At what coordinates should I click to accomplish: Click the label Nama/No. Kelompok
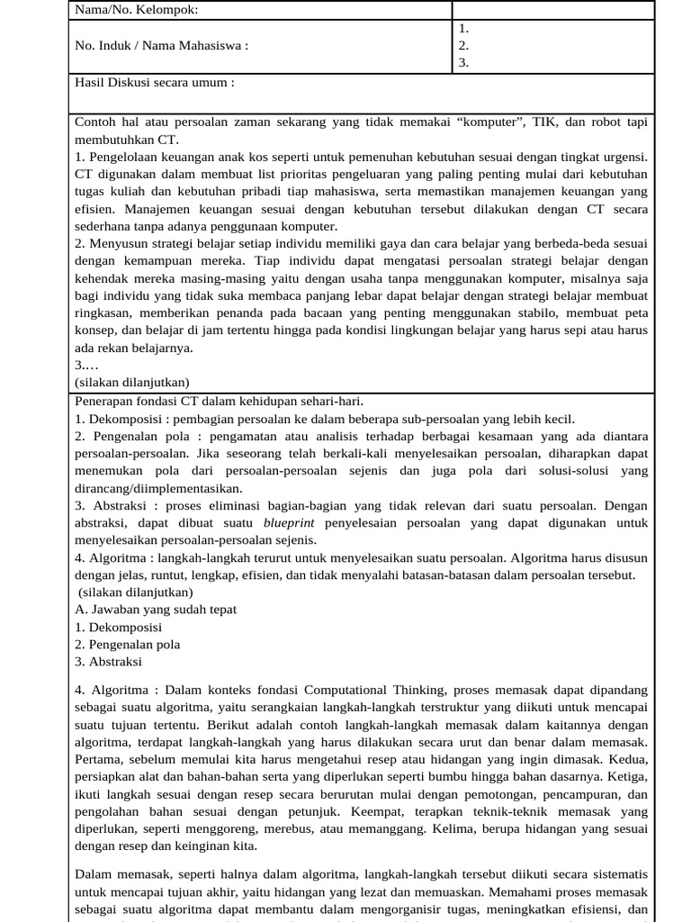tap(136, 10)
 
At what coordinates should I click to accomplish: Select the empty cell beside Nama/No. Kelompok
tap(552, 10)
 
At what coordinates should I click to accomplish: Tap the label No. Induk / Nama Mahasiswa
tap(161, 45)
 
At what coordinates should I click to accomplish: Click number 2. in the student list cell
tap(463, 45)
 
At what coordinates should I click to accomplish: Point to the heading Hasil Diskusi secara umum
tap(154, 82)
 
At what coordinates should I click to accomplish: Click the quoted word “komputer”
tap(470, 122)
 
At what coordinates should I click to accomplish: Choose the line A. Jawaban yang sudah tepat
tap(156, 610)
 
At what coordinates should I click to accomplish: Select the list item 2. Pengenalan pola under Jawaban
tap(127, 645)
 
